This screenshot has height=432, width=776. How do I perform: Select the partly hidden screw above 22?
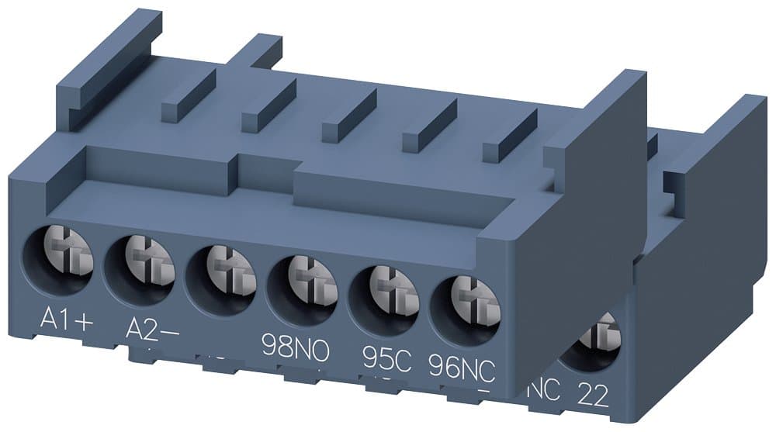coord(598,341)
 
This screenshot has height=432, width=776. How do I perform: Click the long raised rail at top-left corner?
coord(109,62)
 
